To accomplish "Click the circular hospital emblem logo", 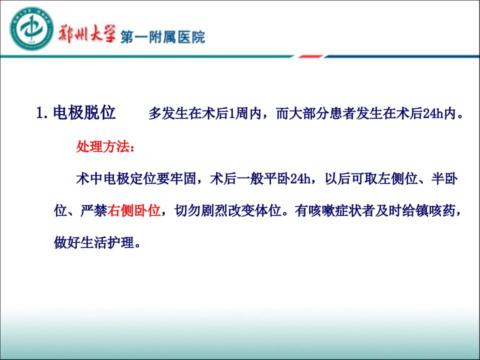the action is (31, 28).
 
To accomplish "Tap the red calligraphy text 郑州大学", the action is (86, 33).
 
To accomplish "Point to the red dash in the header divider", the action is (310, 56).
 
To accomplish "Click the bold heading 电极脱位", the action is (84, 112).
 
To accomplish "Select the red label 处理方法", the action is (103, 146).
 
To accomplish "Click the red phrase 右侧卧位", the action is (134, 210).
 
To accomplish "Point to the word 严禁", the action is (93, 210).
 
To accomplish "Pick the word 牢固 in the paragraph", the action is (183, 179).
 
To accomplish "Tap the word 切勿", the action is (187, 210).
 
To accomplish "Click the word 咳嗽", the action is (321, 210).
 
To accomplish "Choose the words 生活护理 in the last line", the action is (107, 243).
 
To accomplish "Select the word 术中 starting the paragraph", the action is (89, 179).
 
